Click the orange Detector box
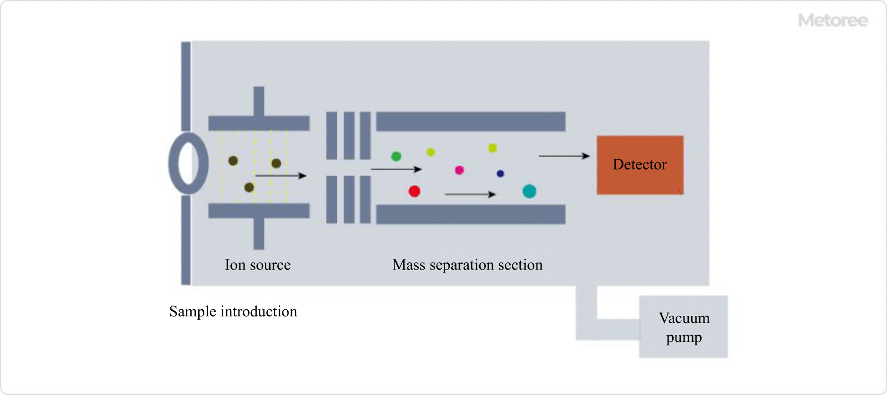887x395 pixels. pos(640,165)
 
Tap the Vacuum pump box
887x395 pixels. pos(683,327)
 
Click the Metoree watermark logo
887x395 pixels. pos(833,20)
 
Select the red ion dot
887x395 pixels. pos(414,191)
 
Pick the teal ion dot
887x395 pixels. pos(529,191)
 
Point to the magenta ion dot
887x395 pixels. pos(459,170)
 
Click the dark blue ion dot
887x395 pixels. pos(500,174)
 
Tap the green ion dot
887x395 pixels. pos(396,156)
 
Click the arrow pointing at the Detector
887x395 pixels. pos(564,156)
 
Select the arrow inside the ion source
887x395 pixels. pos(281,176)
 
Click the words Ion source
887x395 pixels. pos(257,265)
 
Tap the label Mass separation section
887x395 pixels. pos(467,265)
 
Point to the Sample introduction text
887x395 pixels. pos(233,312)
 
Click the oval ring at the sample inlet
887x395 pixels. pos(188,163)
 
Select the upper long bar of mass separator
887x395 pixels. pos(470,121)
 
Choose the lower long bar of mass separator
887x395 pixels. pos(470,214)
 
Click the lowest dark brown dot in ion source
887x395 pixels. pos(249,188)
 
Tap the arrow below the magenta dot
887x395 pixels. pos(470,194)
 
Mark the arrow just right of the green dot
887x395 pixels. pos(396,169)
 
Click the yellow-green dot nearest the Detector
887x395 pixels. pos(492,148)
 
